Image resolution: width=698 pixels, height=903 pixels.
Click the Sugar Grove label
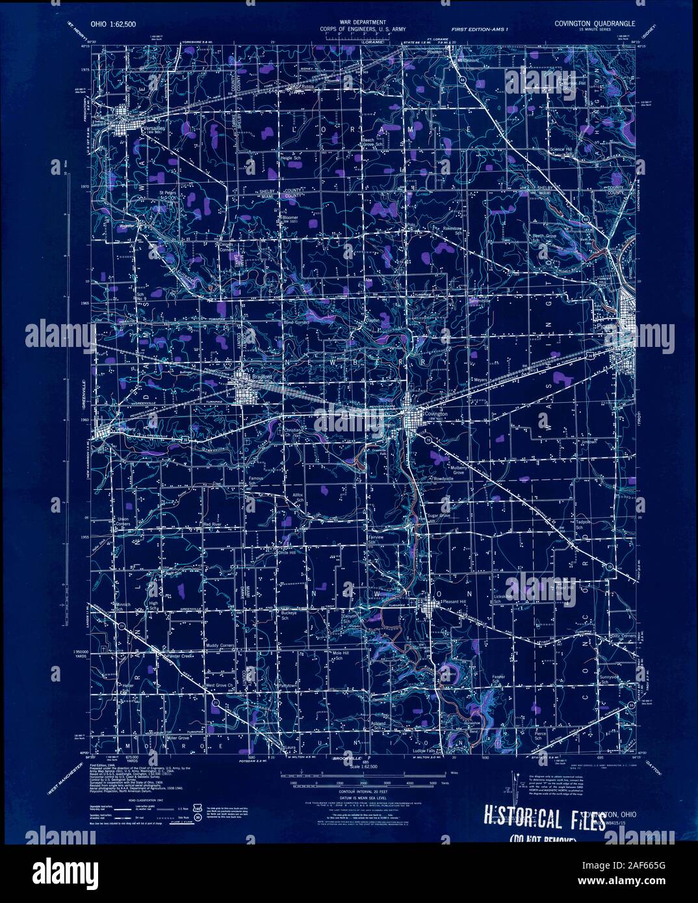pyautogui.click(x=439, y=516)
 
